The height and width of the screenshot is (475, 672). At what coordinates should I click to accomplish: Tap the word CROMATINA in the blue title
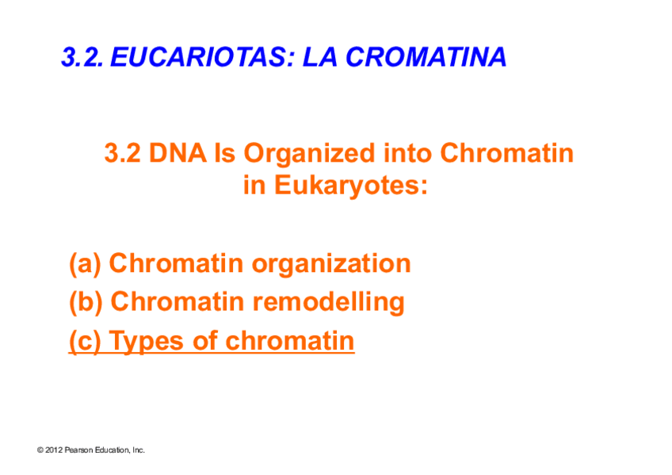pyautogui.click(x=426, y=57)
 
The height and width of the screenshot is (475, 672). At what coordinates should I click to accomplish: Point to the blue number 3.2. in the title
pyautogui.click(x=82, y=57)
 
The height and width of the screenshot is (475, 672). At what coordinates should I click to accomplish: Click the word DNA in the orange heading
pyautogui.click(x=178, y=153)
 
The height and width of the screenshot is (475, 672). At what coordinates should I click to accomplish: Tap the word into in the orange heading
pyautogui.click(x=407, y=153)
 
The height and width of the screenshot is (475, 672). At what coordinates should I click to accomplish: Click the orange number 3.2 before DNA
pyautogui.click(x=122, y=153)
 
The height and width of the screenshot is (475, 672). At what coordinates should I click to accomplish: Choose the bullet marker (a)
pyautogui.click(x=85, y=264)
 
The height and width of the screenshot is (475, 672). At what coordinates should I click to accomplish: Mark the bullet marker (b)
pyautogui.click(x=86, y=303)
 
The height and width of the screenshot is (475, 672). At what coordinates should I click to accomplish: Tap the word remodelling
pyautogui.click(x=328, y=303)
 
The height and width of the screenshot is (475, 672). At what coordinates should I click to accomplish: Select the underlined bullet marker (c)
pyautogui.click(x=85, y=342)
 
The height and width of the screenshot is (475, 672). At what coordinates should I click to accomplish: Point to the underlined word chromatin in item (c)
pyautogui.click(x=290, y=341)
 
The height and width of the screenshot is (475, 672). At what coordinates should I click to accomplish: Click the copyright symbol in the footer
pyautogui.click(x=40, y=450)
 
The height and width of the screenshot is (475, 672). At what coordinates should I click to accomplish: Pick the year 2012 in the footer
pyautogui.click(x=54, y=450)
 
